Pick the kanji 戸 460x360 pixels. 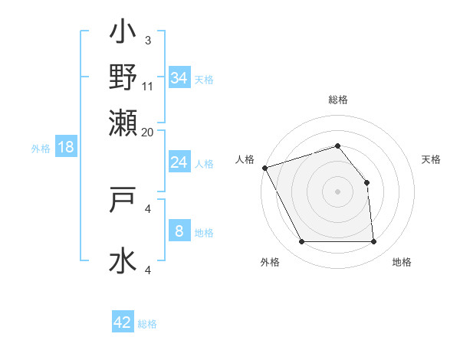click(123, 201)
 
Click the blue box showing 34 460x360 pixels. click(179, 78)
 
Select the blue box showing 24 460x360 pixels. click(179, 162)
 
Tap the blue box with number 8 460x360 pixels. click(179, 231)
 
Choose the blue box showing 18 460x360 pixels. click(66, 147)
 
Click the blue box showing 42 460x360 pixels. click(123, 322)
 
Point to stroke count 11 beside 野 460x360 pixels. click(149, 85)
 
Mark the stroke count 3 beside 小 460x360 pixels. click(148, 40)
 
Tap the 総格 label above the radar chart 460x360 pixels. click(337, 100)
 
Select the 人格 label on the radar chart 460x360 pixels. click(245, 159)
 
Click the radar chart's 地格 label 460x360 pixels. click(402, 263)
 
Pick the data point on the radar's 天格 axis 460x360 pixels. click(366, 183)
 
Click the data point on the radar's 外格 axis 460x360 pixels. click(301, 242)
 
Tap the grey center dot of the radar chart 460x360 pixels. click(337, 191)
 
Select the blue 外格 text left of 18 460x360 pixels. click(41, 149)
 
